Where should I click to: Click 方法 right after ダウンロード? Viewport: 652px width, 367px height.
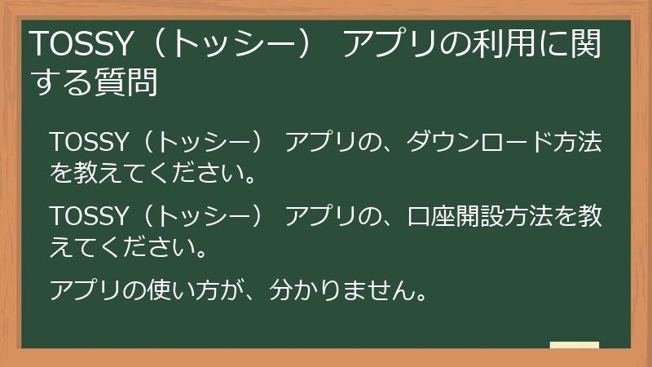point(577,143)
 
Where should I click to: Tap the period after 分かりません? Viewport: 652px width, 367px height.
point(422,295)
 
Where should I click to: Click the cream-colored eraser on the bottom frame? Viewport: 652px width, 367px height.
point(574,345)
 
